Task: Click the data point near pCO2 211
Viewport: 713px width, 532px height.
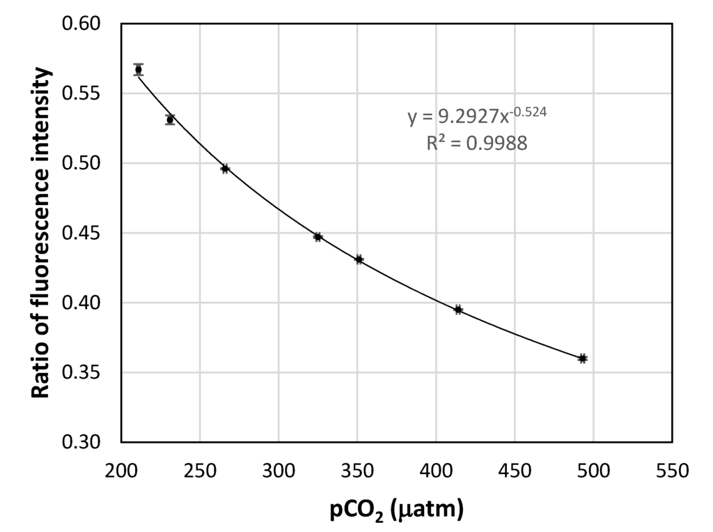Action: click(139, 70)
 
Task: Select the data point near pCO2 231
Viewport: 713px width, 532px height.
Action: click(170, 120)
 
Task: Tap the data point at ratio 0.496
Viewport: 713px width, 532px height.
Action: click(225, 169)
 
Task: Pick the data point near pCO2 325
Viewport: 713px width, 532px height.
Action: click(318, 237)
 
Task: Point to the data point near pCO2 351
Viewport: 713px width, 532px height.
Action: click(359, 259)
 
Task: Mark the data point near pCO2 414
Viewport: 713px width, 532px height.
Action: click(458, 310)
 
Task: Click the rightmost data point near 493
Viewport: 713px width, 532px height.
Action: click(582, 358)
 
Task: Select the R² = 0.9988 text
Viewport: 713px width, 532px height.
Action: click(477, 144)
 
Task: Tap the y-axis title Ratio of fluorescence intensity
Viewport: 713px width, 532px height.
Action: click(42, 233)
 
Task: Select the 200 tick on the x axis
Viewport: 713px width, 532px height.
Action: click(121, 471)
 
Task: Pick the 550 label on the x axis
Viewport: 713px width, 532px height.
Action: click(672, 471)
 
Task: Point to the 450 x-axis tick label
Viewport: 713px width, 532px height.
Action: click(515, 471)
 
